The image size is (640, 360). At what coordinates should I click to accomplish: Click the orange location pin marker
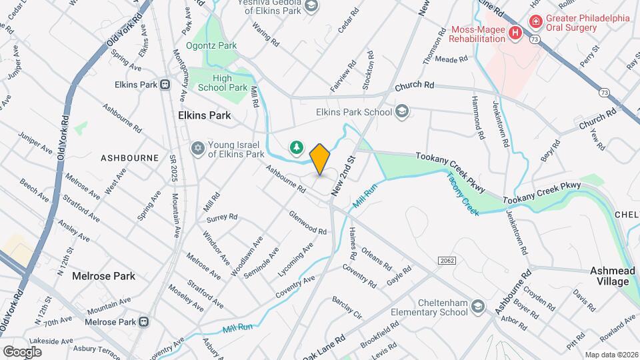[320, 159]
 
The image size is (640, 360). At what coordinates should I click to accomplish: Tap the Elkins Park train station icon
[164, 85]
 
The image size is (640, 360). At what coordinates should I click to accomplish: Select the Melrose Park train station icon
[143, 321]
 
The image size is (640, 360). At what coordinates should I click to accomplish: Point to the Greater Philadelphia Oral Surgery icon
[535, 22]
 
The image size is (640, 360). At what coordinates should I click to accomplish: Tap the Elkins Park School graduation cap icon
[401, 111]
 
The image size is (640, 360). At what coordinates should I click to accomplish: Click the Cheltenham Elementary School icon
[477, 306]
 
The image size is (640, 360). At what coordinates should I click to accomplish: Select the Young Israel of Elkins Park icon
[197, 147]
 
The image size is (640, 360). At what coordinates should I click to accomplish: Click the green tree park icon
[295, 147]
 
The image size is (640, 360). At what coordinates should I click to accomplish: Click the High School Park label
[221, 83]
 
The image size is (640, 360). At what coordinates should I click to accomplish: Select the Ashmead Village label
[609, 276]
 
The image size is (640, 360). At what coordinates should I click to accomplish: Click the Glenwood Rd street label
[307, 223]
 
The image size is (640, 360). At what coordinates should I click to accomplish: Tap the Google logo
[22, 351]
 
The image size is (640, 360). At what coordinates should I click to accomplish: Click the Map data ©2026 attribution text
[611, 355]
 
